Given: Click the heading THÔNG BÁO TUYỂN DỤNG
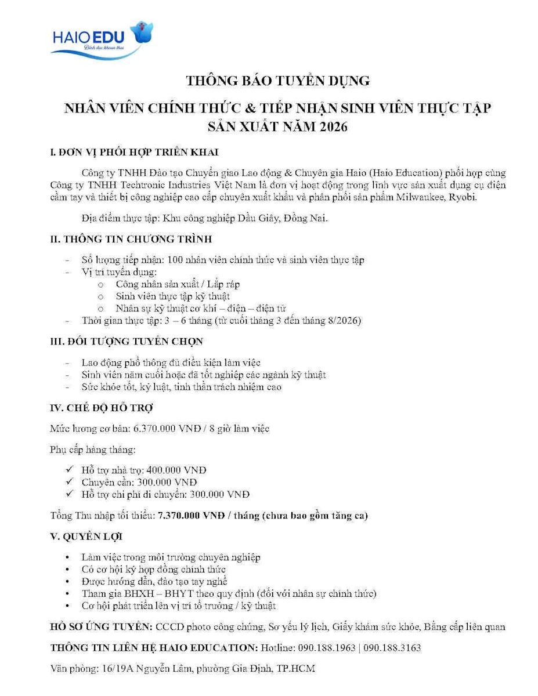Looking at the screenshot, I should (277, 81).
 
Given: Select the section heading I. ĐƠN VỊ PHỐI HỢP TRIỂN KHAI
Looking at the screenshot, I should (135, 153).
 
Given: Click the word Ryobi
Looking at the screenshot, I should (464, 197).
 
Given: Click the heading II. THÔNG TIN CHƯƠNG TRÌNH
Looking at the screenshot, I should (131, 239).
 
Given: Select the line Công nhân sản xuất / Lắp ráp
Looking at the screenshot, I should (178, 284).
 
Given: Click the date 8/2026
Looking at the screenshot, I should (344, 321).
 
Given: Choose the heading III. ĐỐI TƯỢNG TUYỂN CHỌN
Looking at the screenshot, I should (127, 342).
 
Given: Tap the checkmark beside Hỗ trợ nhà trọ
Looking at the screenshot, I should (70, 469).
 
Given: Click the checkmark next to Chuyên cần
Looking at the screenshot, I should (70, 481).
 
